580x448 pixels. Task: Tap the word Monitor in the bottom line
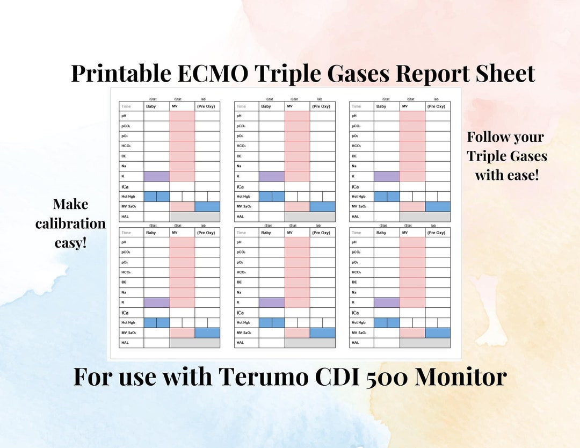pos(461,377)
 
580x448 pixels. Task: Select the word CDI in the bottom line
pos(340,377)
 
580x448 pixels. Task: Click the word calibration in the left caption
pos(70,223)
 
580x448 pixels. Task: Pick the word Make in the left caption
pos(70,204)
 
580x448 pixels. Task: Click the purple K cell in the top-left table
pos(156,176)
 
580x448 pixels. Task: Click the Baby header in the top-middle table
pos(266,106)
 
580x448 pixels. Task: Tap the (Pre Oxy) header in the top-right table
pos(437,106)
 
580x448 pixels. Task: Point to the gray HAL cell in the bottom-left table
pos(194,343)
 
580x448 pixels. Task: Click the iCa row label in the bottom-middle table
pos(240,313)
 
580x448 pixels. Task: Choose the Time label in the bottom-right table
pos(356,233)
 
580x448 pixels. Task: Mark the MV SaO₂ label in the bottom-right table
pos(360,333)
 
